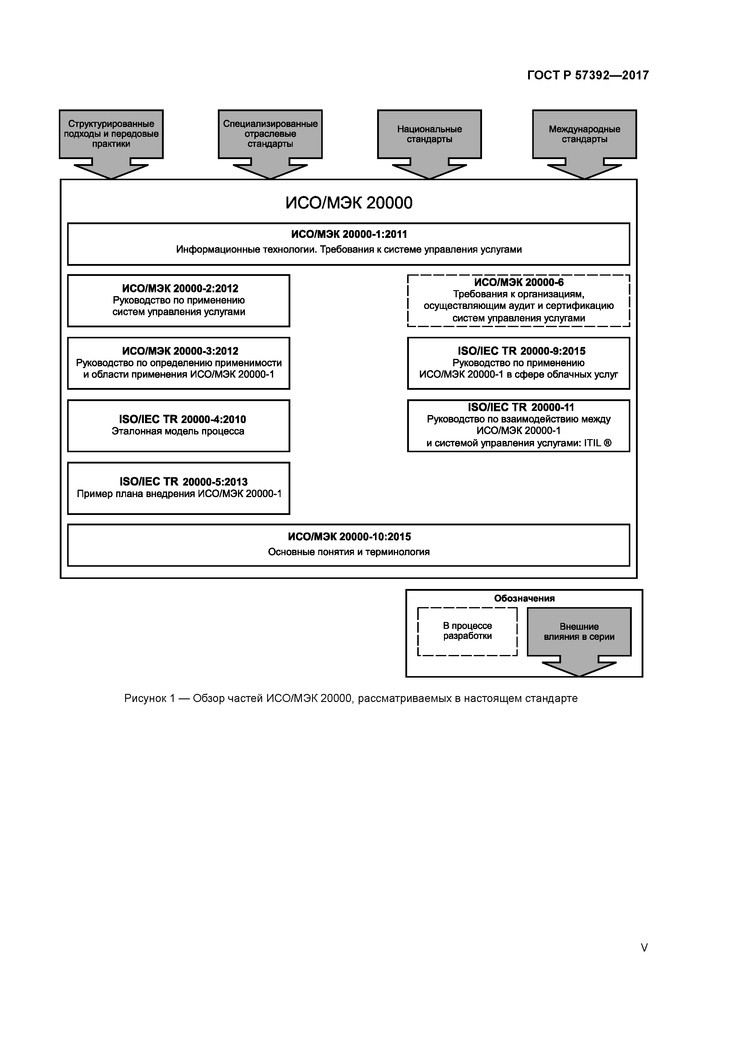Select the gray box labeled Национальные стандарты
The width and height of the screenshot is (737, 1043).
[x=429, y=134]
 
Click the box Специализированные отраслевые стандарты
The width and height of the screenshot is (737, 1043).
[x=270, y=134]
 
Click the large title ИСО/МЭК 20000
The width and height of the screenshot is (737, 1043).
[x=349, y=202]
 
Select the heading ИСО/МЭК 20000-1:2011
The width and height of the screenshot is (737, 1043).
[x=349, y=234]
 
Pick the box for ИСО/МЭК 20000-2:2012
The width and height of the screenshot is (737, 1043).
[x=179, y=300]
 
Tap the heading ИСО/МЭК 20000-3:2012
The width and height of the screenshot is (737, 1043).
[x=180, y=351]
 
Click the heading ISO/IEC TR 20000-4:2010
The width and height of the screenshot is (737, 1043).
[x=182, y=419]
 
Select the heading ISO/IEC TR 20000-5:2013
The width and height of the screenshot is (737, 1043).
[x=183, y=482]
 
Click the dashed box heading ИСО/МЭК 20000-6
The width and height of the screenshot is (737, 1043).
[x=519, y=282]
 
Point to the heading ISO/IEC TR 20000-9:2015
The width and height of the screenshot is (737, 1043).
[x=521, y=351]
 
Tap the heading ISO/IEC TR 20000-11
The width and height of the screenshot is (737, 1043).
[x=521, y=408]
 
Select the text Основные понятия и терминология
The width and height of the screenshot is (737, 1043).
[x=349, y=552]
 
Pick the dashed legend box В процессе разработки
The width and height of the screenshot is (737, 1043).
[x=467, y=632]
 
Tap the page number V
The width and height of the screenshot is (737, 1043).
[x=644, y=948]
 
